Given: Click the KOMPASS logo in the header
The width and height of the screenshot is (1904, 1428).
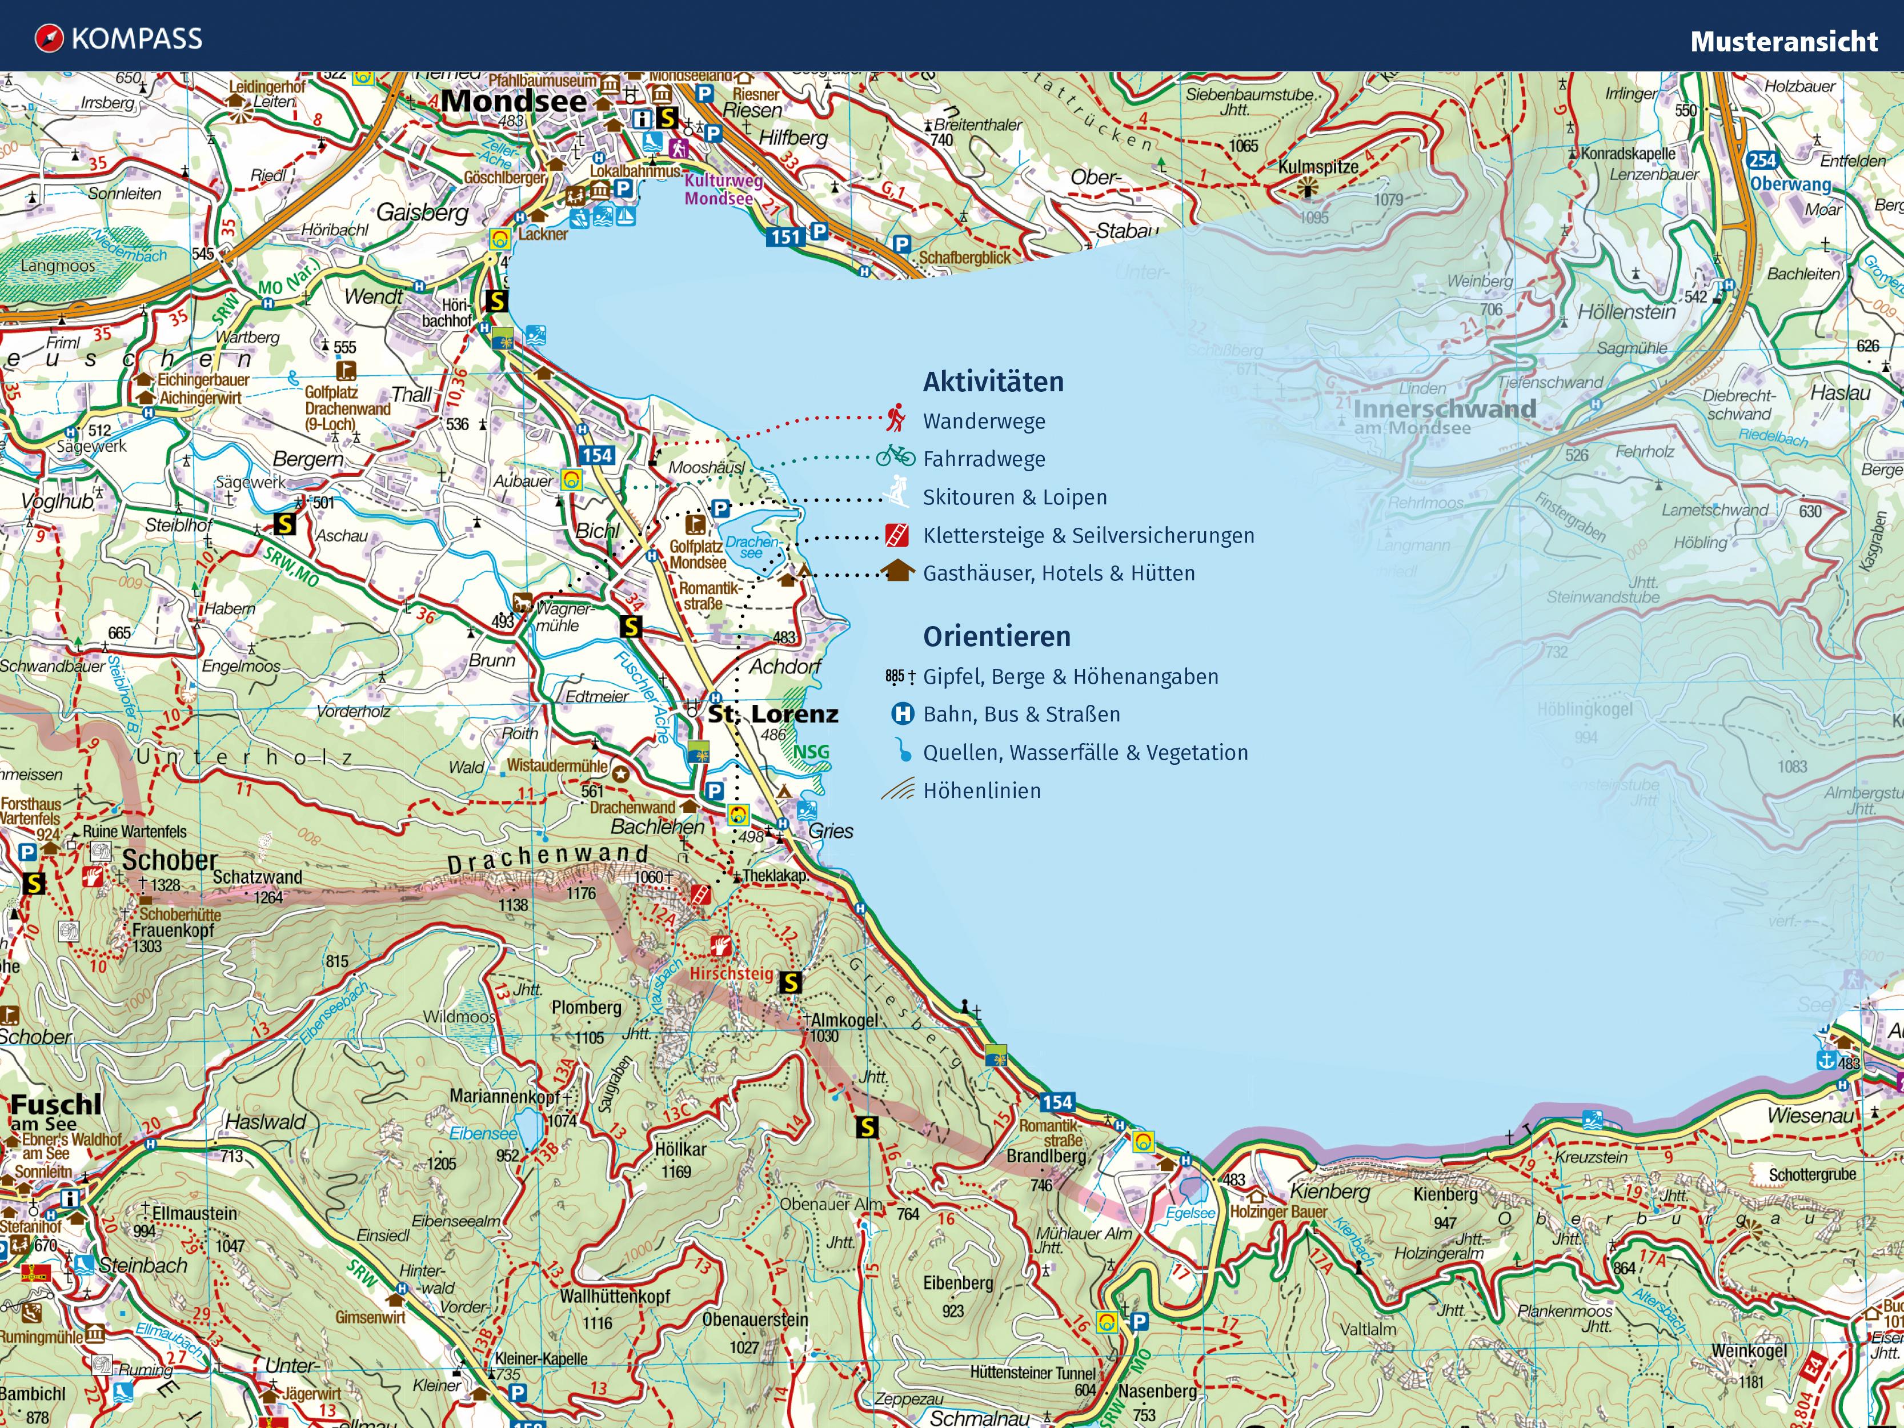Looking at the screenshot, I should point(119,39).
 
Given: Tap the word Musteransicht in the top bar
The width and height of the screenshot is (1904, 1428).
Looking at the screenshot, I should point(1783,41).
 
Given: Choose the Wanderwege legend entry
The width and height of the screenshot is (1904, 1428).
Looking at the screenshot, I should point(983,421).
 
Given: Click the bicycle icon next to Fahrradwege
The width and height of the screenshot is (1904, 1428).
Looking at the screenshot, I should point(895,456).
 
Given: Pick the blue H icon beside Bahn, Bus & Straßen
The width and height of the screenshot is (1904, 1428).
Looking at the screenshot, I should point(901,713).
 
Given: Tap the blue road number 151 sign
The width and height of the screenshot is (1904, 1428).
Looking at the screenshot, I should point(785,236).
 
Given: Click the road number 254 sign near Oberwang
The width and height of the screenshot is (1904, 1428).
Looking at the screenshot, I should point(1762,160).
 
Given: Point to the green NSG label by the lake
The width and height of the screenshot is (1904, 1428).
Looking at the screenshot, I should point(810,752).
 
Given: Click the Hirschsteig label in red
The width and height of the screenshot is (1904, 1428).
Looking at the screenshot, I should point(731,973).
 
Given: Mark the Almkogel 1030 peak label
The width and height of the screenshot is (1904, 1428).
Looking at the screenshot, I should point(844,1021).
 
